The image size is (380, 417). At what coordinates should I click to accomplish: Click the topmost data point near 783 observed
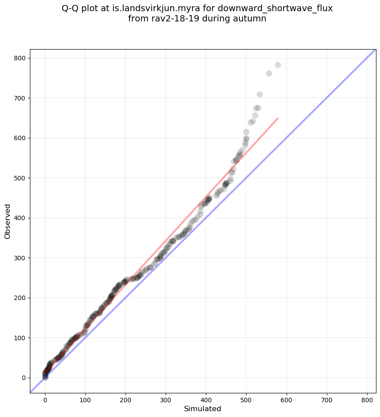coord(278,65)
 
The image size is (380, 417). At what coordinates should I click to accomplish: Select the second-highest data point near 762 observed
coord(269,73)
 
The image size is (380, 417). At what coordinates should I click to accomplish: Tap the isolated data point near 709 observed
coord(259,94)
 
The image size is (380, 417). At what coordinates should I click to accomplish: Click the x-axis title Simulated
coord(203,409)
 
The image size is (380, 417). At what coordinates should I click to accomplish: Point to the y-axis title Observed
coord(8,221)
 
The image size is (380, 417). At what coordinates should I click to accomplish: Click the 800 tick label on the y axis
coord(21,58)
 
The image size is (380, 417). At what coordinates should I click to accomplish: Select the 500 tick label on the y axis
coord(21,178)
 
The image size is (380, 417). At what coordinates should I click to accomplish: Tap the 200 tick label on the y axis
coord(21,298)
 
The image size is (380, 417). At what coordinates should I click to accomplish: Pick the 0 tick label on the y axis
coord(25,378)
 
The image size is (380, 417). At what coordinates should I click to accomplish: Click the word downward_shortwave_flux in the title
coord(275,8)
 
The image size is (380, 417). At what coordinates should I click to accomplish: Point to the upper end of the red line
coord(278,118)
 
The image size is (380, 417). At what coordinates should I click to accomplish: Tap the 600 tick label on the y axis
coord(21,138)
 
